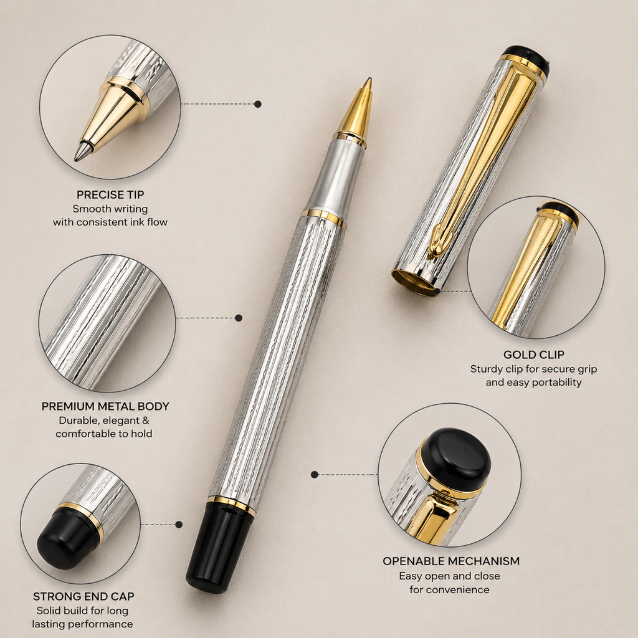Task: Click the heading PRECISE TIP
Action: pos(110,194)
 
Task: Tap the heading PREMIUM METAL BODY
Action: pos(105,406)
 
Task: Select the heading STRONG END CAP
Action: pos(83,596)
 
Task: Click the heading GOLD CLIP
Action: pos(534,355)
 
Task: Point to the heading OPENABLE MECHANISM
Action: pos(451,561)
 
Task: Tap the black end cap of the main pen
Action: pos(220,546)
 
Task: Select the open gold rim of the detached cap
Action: pos(415,283)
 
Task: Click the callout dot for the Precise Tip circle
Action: pos(257,104)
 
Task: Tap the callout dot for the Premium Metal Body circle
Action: pos(239,318)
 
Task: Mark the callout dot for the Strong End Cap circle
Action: pos(179,525)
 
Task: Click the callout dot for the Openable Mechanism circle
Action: pos(314,474)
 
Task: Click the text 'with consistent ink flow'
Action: pos(110,222)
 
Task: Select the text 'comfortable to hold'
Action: pos(104,434)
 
